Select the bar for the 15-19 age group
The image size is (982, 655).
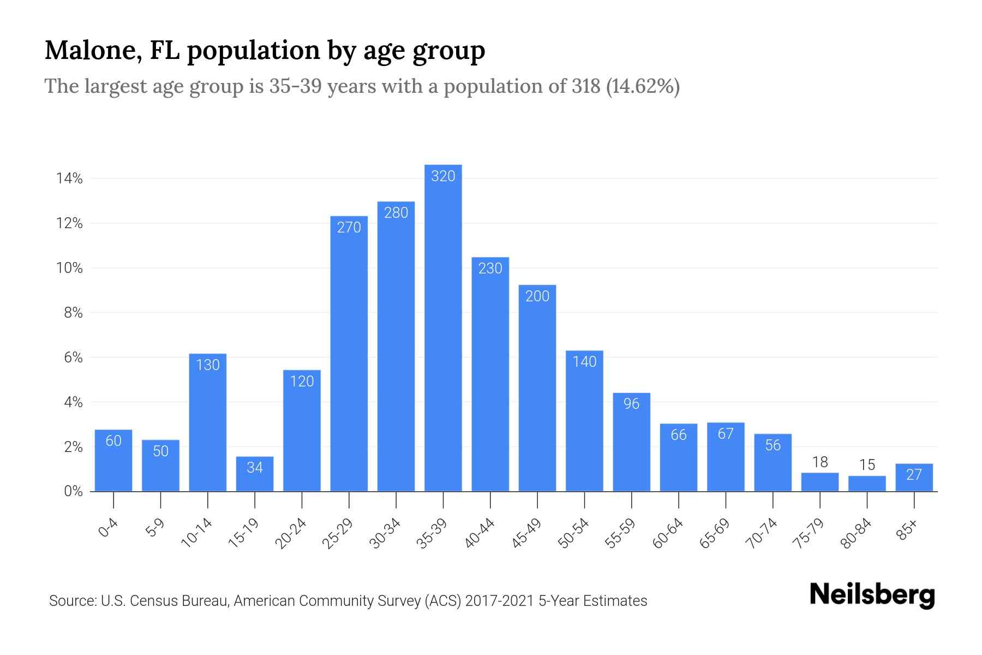255,474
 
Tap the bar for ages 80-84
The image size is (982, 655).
867,484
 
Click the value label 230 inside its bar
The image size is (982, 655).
490,269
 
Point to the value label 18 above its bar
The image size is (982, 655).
820,462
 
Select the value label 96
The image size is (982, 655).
631,404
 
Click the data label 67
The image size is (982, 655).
726,434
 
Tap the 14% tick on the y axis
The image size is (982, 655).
69,179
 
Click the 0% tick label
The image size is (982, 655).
73,492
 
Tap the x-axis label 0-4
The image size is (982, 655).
109,528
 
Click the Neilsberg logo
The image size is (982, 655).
872,595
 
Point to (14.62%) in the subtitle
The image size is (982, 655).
643,86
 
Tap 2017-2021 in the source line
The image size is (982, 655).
500,601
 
